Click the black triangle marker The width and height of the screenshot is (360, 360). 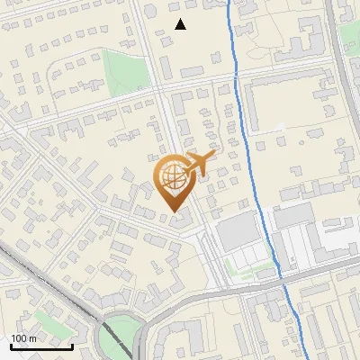[x=181, y=24]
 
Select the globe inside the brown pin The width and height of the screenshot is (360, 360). [x=172, y=174]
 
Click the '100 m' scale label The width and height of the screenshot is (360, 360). [x=23, y=337]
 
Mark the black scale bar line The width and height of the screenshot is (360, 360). [x=41, y=346]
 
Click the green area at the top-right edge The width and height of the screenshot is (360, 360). [x=349, y=36]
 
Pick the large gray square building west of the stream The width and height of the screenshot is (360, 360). [x=237, y=231]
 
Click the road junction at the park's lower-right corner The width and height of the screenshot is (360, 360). [x=153, y=91]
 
